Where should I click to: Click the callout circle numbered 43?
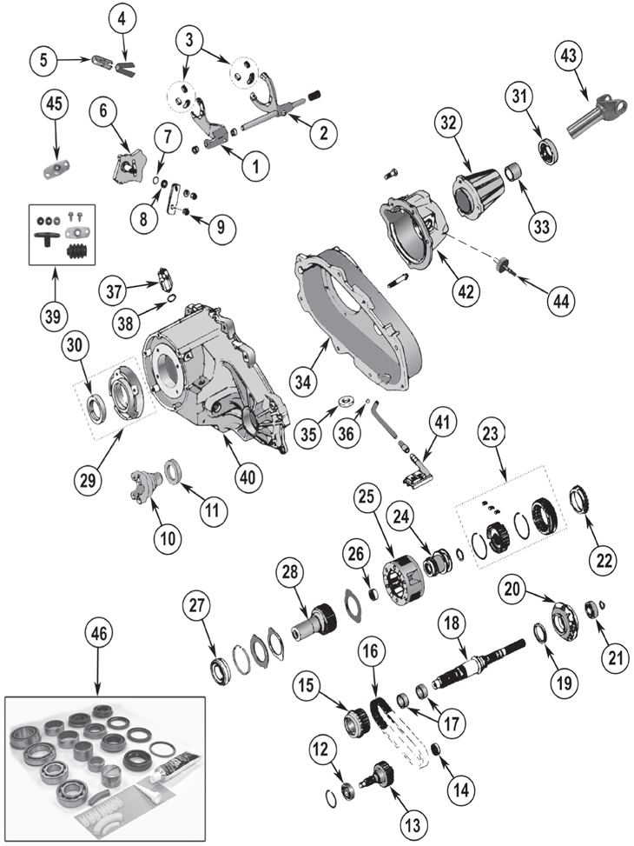pyautogui.click(x=569, y=57)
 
